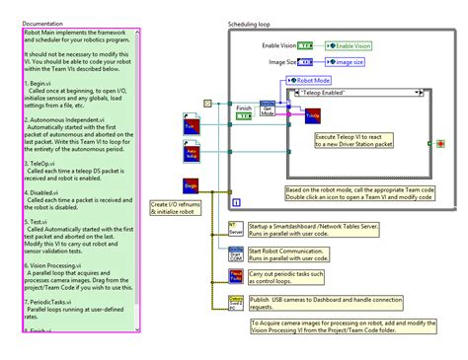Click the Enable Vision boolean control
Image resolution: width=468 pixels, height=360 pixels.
click(306, 45)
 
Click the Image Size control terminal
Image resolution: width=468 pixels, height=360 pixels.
click(306, 62)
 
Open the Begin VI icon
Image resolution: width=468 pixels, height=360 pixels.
click(192, 183)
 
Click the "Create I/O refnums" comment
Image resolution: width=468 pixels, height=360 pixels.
click(181, 208)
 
